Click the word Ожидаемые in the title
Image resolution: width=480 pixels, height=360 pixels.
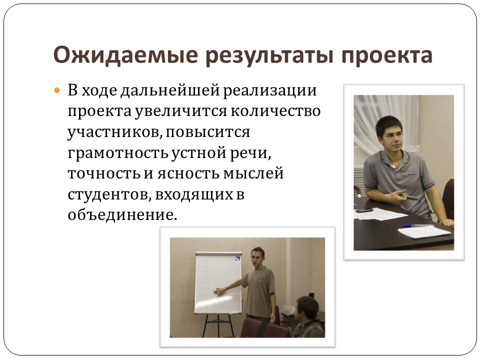pos(125,55)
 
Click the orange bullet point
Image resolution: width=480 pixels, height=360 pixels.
pos(56,90)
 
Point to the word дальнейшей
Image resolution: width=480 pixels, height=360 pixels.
pos(170,91)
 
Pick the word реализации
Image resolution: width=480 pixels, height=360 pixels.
pos(270,91)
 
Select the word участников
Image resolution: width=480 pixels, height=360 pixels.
pos(115,132)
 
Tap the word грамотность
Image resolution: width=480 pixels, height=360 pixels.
pos(117,153)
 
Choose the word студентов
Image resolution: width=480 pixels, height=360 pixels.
pos(109,194)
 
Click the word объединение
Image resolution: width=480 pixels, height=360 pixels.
pos(122,214)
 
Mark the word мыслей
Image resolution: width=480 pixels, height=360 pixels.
pos(253,173)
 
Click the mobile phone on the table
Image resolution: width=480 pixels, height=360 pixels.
pos(364,210)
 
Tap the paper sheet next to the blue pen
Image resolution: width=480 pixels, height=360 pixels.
pos(424,231)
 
